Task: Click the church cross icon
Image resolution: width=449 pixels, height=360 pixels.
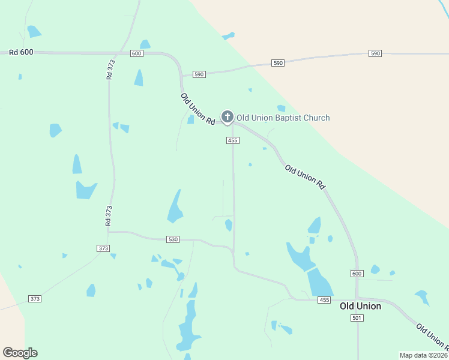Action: pyautogui.click(x=227, y=116)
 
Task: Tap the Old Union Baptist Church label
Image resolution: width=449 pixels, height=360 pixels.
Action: pyautogui.click(x=283, y=118)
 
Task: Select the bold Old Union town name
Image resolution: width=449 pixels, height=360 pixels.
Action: pyautogui.click(x=360, y=306)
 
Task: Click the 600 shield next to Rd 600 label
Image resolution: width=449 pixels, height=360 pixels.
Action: pyautogui.click(x=136, y=53)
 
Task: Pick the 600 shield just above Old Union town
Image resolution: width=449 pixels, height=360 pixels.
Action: pyautogui.click(x=357, y=273)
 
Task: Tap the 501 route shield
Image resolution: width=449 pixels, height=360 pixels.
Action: pyautogui.click(x=357, y=318)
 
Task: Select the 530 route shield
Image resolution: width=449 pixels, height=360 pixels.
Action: pyautogui.click(x=173, y=239)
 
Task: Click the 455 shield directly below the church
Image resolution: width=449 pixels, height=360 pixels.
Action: pyautogui.click(x=233, y=140)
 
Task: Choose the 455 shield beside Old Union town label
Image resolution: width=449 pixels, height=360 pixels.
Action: pyautogui.click(x=325, y=300)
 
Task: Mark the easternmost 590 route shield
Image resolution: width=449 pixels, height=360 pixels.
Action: pyautogui.click(x=375, y=54)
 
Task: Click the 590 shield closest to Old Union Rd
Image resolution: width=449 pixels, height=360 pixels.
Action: pyautogui.click(x=199, y=74)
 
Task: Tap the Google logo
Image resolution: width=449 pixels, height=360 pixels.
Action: pyautogui.click(x=20, y=353)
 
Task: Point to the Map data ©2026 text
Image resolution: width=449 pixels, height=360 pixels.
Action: pyautogui.click(x=424, y=355)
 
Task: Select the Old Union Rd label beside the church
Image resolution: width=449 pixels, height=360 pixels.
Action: pyautogui.click(x=197, y=109)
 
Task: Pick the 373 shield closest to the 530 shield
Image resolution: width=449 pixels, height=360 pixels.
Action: pyautogui.click(x=103, y=248)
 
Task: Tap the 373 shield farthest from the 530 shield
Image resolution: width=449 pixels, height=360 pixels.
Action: pyautogui.click(x=35, y=298)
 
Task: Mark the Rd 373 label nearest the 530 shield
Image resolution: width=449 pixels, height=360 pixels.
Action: pyautogui.click(x=108, y=215)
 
